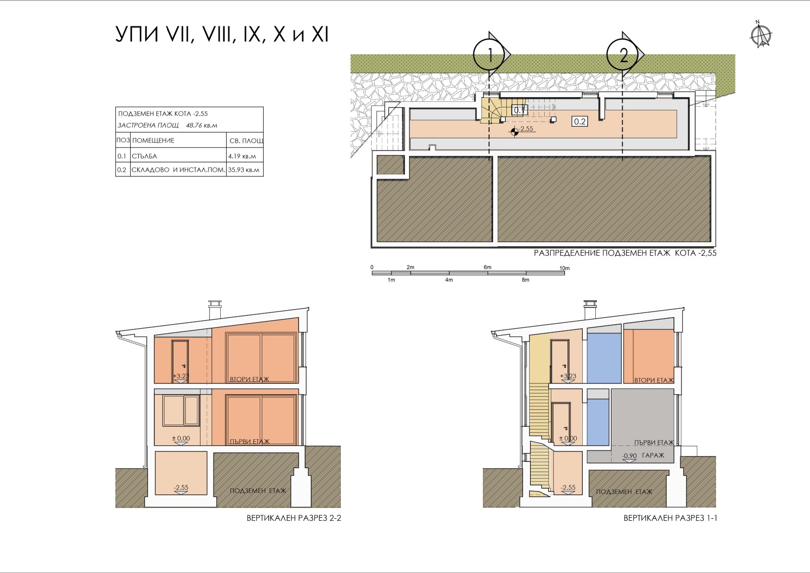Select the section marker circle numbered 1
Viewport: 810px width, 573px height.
coord(489,55)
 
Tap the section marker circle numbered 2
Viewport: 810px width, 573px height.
coord(622,55)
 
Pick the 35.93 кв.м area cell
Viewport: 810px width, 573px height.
coord(245,169)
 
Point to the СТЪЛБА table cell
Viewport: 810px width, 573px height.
coord(178,156)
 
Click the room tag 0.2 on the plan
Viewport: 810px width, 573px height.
coord(580,122)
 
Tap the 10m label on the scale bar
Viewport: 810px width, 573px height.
coord(564,268)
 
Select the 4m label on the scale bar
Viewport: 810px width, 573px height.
coord(449,280)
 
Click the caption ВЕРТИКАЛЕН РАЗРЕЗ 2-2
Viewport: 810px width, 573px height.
coord(294,518)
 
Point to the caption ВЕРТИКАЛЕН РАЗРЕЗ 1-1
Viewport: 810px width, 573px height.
coord(670,518)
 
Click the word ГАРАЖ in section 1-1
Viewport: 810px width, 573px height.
coord(653,455)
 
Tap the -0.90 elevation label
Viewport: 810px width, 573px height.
coord(629,456)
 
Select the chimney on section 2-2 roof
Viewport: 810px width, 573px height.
coord(215,310)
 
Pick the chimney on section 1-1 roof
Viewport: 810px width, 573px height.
coord(590,310)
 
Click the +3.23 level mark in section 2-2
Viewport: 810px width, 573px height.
coord(181,376)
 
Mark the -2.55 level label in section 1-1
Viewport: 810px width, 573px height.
coord(568,487)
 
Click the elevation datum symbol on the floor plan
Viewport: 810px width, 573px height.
coord(514,132)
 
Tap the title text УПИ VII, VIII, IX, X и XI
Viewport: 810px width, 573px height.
coord(222,35)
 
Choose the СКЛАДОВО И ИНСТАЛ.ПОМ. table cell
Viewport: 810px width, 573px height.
coord(178,169)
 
